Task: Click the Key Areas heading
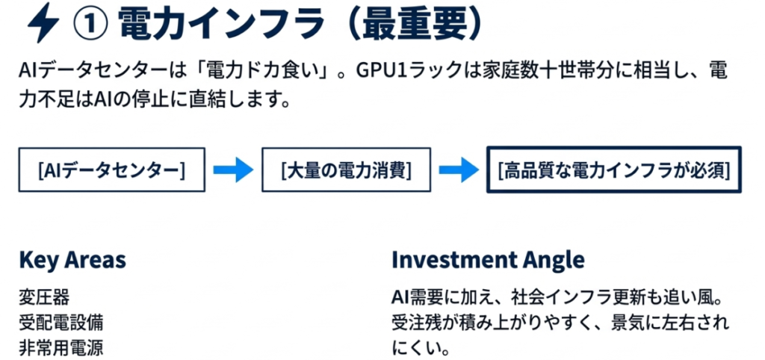click(x=72, y=260)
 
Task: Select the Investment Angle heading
click(x=488, y=260)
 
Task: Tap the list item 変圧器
click(x=44, y=297)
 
